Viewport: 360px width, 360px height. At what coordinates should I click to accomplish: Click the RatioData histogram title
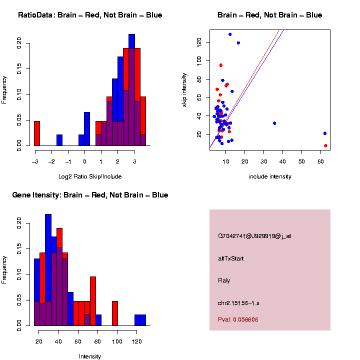point(90,15)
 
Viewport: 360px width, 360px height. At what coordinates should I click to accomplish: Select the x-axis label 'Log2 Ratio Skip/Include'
point(90,176)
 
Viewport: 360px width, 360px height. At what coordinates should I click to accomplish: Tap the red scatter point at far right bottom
point(325,145)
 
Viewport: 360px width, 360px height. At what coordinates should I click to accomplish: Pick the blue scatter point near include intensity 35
point(274,123)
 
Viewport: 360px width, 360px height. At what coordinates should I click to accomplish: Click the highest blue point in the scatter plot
point(230,34)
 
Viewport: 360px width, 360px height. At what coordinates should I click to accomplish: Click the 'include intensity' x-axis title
point(270,176)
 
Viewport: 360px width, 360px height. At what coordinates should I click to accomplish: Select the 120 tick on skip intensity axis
point(199,43)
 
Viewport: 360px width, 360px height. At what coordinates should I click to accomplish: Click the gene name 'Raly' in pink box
point(223,280)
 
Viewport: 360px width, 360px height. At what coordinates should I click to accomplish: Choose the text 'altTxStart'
point(230,258)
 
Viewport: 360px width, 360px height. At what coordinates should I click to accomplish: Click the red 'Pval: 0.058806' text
point(238,319)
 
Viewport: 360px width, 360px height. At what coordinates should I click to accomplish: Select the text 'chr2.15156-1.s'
point(238,302)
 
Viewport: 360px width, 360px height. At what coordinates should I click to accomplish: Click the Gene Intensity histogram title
point(90,195)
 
